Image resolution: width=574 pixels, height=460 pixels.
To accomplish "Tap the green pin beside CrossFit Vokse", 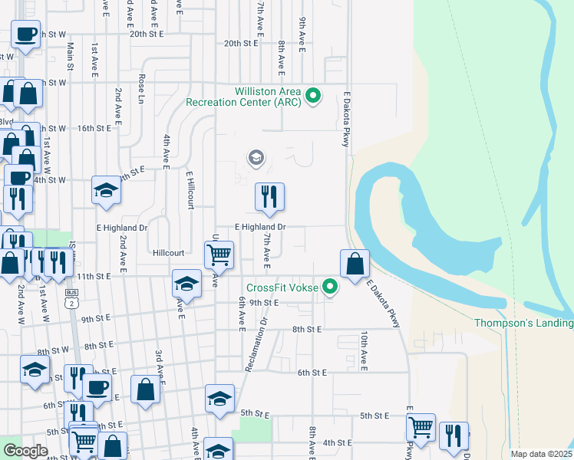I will pos(331,288).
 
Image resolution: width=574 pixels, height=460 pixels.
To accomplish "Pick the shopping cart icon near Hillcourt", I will pos(219,255).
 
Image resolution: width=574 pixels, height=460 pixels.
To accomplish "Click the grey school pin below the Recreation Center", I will pos(256,159).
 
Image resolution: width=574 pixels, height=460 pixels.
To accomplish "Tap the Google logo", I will pos(25,451).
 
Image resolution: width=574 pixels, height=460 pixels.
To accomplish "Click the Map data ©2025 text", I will pos(541,454).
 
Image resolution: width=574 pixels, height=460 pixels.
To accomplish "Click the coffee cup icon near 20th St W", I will pos(25,34).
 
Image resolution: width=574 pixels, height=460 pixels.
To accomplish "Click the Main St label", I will pos(70,57).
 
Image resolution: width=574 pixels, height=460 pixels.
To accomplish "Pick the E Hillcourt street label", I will pos(190,189).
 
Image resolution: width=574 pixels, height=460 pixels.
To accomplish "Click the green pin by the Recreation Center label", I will pos(312,97).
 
